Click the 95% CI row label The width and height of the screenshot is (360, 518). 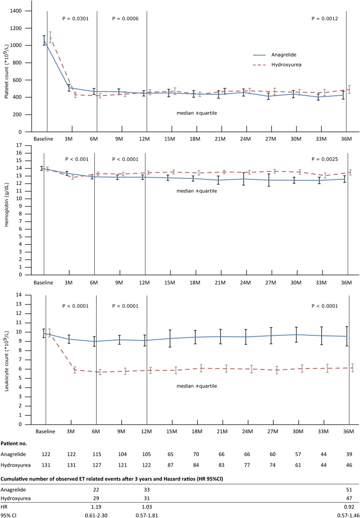click(11, 513)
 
